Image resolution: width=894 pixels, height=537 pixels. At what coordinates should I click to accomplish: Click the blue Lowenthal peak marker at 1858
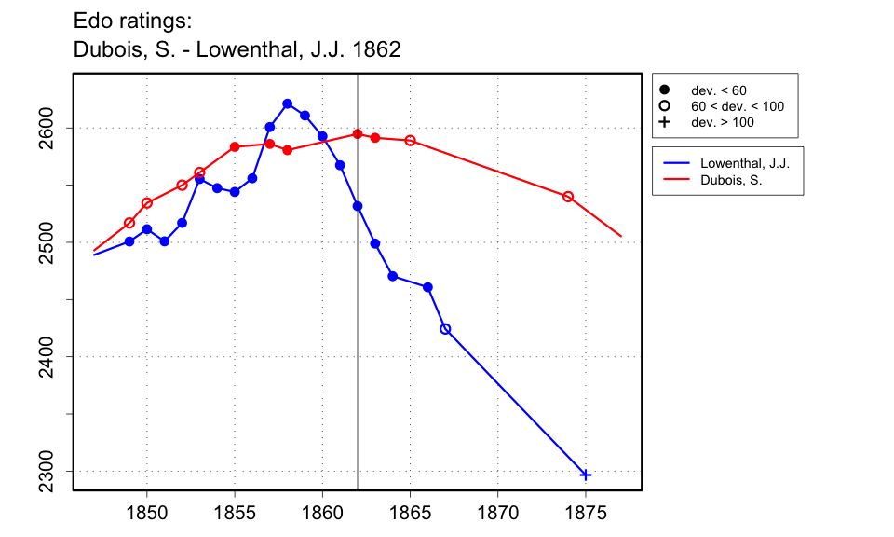(x=287, y=103)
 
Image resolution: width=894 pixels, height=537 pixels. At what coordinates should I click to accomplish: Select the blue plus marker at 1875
(x=586, y=475)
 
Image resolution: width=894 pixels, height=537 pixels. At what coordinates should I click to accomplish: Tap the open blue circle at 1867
(x=445, y=329)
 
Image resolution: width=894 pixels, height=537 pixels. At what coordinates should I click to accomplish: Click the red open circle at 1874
(x=568, y=197)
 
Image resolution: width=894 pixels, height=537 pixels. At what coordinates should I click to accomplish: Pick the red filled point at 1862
(x=358, y=134)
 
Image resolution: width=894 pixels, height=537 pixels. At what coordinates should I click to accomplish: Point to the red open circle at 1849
(x=129, y=223)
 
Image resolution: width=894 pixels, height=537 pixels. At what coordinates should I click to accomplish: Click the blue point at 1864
(x=393, y=276)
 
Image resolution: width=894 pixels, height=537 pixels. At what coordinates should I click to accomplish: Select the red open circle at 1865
(x=410, y=141)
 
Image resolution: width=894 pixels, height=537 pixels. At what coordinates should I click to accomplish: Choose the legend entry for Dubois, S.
(x=731, y=180)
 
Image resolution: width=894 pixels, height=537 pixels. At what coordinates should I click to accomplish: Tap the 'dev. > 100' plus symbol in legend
(x=664, y=122)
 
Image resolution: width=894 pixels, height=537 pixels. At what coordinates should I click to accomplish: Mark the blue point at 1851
(x=164, y=241)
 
